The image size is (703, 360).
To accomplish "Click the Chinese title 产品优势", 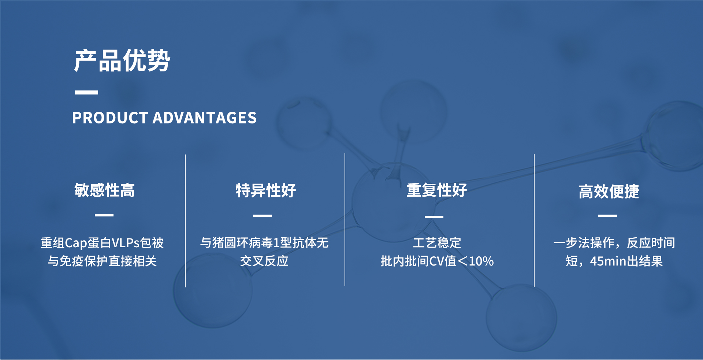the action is coord(122,60).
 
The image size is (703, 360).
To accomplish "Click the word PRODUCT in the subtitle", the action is coord(110,118).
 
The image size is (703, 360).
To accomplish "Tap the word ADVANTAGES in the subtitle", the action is coord(204,118).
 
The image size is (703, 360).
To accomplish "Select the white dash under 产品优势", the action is coord(86,92).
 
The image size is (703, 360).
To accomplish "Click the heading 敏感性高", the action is coord(104,190).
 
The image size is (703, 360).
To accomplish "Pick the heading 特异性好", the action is coord(266,190).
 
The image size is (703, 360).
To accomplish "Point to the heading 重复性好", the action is coord(437,190).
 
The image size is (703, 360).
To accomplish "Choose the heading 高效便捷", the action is coord(609,192).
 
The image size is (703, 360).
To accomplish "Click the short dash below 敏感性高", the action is coord(104,215).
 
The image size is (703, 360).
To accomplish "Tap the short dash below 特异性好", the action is coord(262,215).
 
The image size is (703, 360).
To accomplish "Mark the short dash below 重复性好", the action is coord(434,216).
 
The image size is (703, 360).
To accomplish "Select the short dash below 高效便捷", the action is coord(607,215).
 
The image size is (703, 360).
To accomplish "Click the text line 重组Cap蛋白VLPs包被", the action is coord(102,243).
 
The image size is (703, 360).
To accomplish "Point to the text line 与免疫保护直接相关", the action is coord(102,261).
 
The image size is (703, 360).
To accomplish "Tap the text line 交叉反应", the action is coord(264,261).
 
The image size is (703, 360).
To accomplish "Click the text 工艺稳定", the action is coord(437,243).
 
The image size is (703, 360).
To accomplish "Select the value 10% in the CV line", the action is coord(481,261).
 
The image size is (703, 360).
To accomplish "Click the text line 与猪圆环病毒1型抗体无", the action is coord(264,243).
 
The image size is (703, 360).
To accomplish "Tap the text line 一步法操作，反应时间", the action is coord(614,243).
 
